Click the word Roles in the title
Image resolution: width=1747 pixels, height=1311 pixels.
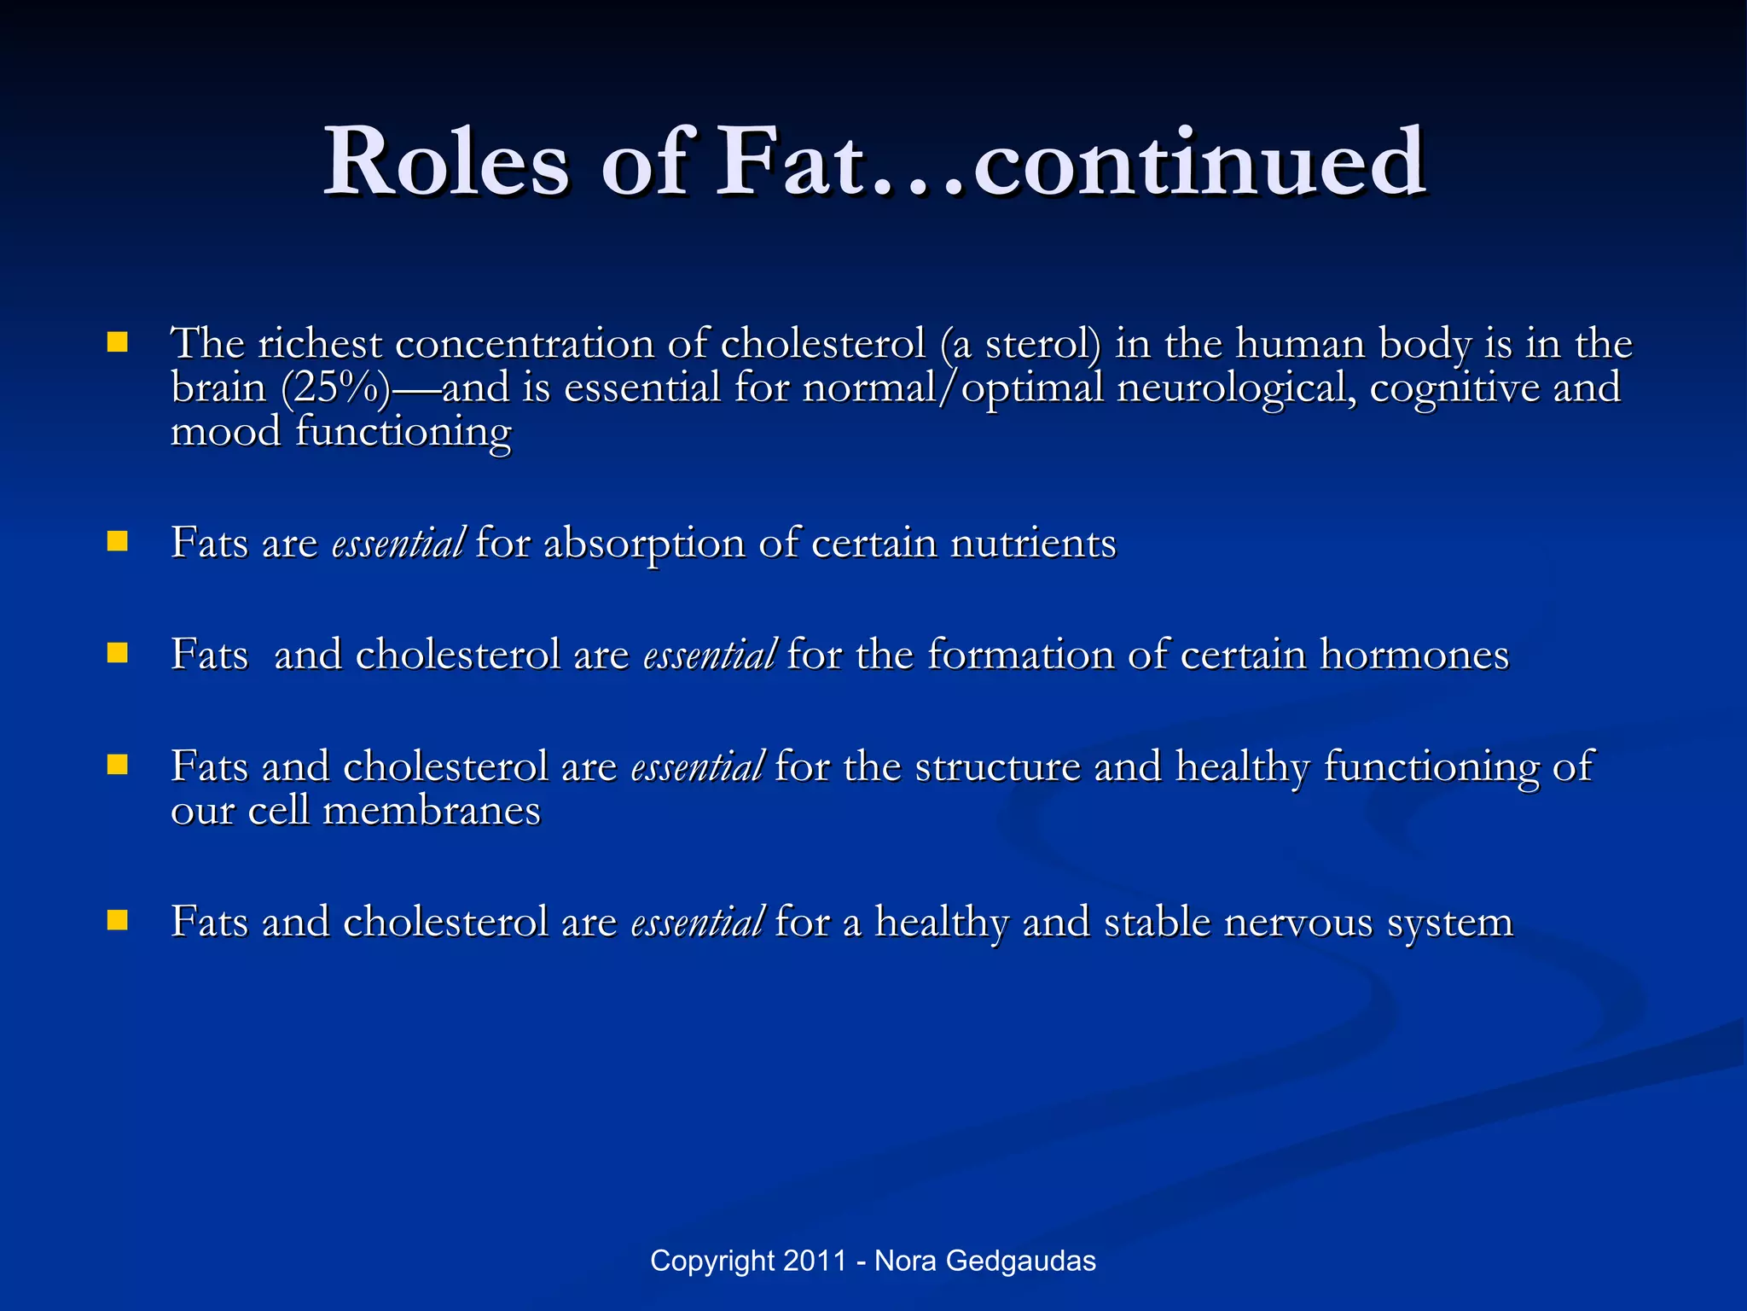446,162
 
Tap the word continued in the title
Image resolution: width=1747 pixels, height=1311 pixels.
1199,162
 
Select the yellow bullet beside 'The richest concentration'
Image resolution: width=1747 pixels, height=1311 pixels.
118,343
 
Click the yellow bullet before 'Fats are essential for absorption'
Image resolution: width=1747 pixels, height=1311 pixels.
118,542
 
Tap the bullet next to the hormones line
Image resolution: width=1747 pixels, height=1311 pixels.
118,654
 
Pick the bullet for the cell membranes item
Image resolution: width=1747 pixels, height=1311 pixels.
118,765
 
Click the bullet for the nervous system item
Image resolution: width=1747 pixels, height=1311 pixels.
118,920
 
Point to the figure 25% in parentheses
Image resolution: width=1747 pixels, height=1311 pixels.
335,388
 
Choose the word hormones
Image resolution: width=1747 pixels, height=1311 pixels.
1414,655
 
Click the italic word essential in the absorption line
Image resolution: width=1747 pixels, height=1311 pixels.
398,544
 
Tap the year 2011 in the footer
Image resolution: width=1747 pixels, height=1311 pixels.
815,1261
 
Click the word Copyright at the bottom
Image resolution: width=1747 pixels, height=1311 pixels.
713,1261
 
